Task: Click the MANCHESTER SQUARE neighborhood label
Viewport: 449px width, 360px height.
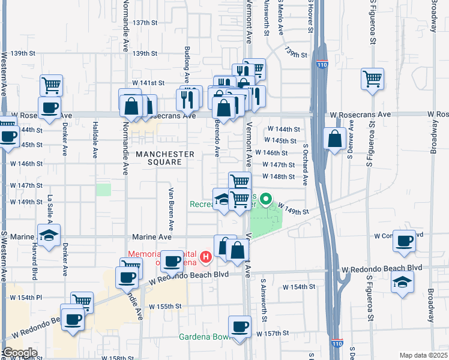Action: [x=164, y=158]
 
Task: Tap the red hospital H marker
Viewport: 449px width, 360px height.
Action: [x=206, y=257]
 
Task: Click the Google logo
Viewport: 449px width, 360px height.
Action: [x=19, y=353]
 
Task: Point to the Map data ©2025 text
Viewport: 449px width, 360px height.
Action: [x=423, y=355]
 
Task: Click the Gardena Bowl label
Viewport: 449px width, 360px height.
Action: [x=203, y=337]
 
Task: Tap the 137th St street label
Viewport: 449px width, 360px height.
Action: [x=145, y=22]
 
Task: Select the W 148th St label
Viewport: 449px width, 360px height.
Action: [x=278, y=176]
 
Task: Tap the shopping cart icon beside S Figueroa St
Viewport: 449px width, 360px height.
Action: [x=372, y=78]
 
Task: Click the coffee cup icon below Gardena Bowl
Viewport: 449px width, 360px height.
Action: [x=240, y=326]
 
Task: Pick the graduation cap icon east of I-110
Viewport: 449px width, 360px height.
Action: [x=402, y=281]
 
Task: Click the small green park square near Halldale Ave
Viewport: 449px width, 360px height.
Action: [x=104, y=190]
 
